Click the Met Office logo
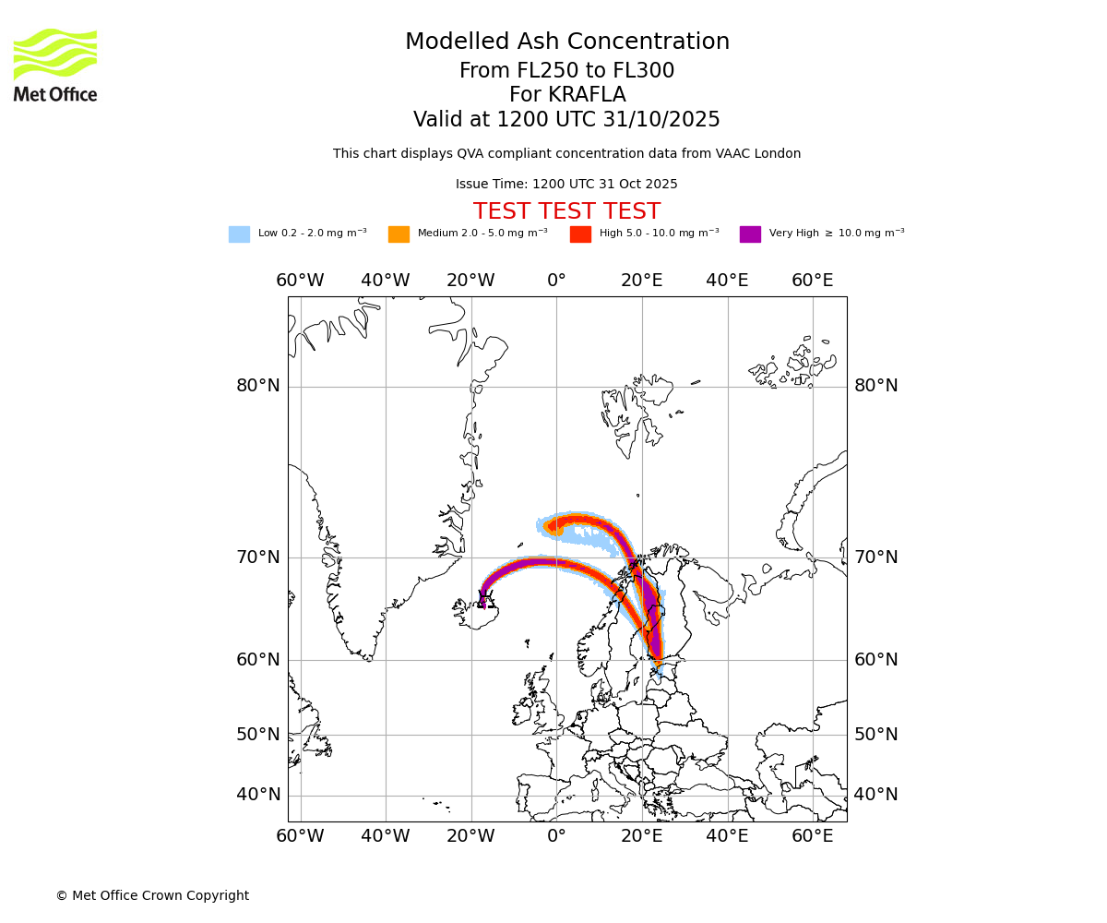[55, 65]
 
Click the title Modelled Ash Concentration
[566, 42]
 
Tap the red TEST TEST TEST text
[566, 211]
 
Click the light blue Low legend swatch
[239, 234]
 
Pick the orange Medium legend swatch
[399, 234]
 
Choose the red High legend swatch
[580, 234]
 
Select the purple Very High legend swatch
[750, 234]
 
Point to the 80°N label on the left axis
[258, 386]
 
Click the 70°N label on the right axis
[875, 557]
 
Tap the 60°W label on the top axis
[300, 281]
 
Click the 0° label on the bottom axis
[556, 836]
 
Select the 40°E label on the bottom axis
[727, 836]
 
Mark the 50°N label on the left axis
[258, 735]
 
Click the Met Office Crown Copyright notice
[152, 895]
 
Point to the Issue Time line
[566, 185]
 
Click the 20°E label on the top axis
[641, 281]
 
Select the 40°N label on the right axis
[875, 795]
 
